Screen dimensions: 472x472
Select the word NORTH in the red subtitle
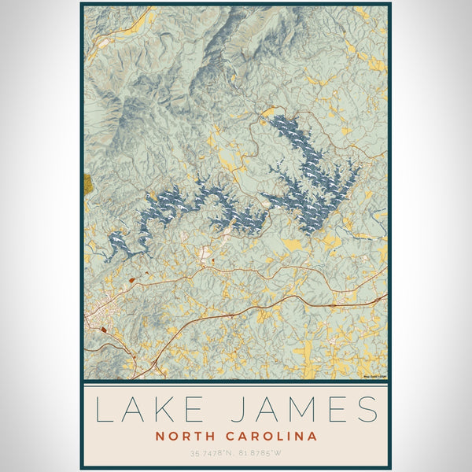pos(185,436)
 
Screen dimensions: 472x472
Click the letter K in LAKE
pos(175,411)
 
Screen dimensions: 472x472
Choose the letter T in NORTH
pos(201,436)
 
